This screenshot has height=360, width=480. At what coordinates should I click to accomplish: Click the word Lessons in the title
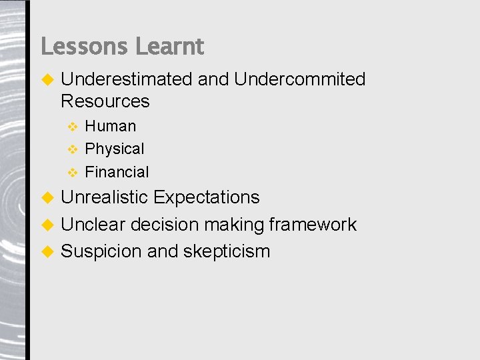[x=85, y=47]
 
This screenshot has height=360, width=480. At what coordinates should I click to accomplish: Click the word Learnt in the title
[x=169, y=47]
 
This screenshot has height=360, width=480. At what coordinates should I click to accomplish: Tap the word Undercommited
[x=299, y=79]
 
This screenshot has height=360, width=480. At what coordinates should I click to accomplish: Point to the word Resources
[x=105, y=101]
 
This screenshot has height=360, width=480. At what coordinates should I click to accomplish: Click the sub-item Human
[x=110, y=126]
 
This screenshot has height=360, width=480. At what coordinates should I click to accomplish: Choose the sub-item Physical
[x=114, y=149]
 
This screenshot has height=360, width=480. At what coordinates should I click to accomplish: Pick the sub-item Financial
[x=117, y=172]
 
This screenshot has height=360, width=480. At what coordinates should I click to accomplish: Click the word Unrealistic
[x=104, y=197]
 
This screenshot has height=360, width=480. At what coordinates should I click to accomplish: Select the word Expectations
[x=206, y=197]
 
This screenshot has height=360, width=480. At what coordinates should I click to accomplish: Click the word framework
[x=312, y=225]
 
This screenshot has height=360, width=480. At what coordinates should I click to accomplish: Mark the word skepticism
[x=226, y=251]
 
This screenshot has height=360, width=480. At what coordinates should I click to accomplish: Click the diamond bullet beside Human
[x=73, y=126]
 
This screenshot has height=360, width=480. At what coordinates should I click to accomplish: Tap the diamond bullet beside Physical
[x=73, y=149]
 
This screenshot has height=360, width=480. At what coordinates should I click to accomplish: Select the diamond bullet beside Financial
[x=73, y=172]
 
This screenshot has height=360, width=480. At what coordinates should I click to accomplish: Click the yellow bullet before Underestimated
[x=47, y=79]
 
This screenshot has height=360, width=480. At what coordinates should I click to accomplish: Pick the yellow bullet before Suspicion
[x=47, y=251]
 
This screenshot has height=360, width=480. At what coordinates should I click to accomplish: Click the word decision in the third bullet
[x=164, y=225]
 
